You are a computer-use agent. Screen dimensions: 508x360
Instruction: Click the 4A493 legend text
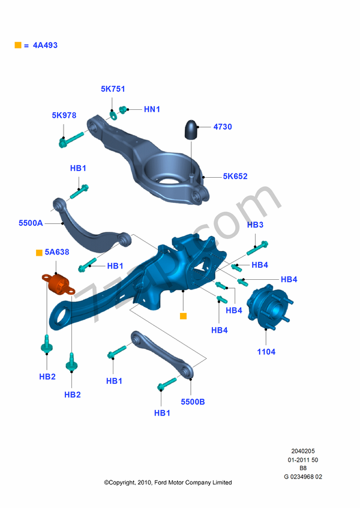pyautogui.click(x=46, y=45)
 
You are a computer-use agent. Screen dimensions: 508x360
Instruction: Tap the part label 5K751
pyautogui.click(x=113, y=89)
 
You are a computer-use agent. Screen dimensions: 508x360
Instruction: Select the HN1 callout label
pyautogui.click(x=152, y=109)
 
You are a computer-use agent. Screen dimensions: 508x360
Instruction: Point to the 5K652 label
pyautogui.click(x=235, y=177)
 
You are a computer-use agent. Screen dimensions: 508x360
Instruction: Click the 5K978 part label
pyautogui.click(x=64, y=115)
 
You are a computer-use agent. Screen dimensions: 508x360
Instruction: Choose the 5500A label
pyautogui.click(x=31, y=223)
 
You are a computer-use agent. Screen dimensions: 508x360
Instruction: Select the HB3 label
pyautogui.click(x=255, y=225)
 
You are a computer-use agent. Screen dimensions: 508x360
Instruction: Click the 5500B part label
pyautogui.click(x=193, y=402)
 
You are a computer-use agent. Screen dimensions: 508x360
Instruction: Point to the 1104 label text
pyautogui.click(x=266, y=352)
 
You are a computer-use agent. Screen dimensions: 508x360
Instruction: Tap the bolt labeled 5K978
pyautogui.click(x=72, y=139)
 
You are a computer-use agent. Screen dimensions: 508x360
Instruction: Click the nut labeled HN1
pyautogui.click(x=124, y=109)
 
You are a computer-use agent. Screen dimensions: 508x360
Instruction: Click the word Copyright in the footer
pyautogui.click(x=127, y=482)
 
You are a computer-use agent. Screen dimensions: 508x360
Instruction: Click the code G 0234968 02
pyautogui.click(x=303, y=477)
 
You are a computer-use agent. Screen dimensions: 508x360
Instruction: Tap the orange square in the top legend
pyautogui.click(x=17, y=45)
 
